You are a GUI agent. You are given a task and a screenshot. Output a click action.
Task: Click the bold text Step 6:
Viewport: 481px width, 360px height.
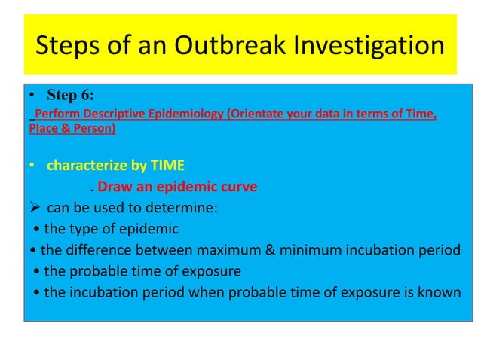tap(71, 96)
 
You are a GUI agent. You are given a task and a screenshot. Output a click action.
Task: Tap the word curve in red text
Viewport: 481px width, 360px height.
tap(239, 187)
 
